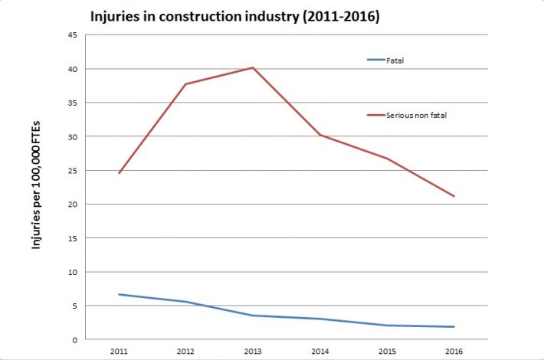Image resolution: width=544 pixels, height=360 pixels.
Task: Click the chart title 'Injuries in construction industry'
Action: [234, 15]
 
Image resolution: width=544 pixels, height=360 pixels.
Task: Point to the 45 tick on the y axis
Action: [72, 35]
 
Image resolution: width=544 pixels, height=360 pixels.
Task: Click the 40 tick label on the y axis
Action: [72, 69]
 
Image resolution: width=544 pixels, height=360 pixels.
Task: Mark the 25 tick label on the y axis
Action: [72, 170]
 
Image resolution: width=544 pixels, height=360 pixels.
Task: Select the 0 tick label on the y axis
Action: [74, 339]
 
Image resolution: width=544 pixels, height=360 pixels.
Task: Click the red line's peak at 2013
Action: [253, 67]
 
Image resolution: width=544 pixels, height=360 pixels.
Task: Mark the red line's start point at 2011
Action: [119, 173]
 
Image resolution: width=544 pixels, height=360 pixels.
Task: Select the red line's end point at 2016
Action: [454, 196]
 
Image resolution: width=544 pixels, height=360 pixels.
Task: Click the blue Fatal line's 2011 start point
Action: [119, 294]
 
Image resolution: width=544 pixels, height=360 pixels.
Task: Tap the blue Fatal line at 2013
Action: [253, 316]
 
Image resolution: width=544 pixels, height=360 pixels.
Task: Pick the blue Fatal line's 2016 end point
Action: [454, 327]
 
